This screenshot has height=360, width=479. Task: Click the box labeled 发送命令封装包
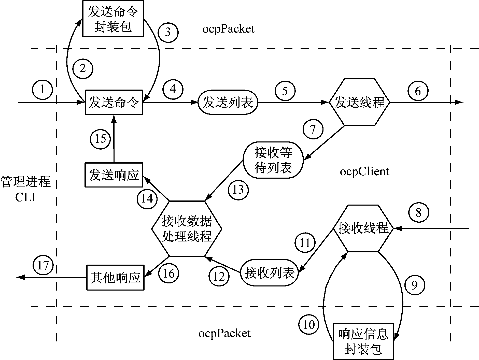113,19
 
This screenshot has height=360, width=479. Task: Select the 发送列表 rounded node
228,102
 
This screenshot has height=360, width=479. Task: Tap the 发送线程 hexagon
359,102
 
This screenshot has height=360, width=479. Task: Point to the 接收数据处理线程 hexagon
187,228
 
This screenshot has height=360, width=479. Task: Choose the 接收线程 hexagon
363,228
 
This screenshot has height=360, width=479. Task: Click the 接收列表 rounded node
270,272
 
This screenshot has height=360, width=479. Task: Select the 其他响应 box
115,277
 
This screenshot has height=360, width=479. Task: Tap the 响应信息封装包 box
363,341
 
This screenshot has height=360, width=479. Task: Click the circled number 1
43,90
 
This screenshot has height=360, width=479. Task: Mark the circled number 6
418,91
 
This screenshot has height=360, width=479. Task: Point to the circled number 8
418,212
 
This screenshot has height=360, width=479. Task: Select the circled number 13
238,190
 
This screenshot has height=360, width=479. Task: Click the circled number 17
43,266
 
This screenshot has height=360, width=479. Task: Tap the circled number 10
308,325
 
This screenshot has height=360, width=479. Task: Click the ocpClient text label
364,172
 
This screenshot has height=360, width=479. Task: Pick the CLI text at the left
25,197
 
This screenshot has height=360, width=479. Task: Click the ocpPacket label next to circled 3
228,29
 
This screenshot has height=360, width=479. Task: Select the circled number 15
100,139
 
